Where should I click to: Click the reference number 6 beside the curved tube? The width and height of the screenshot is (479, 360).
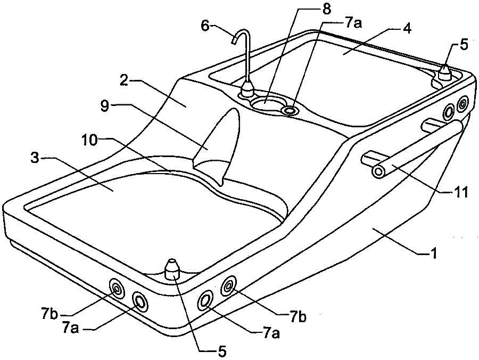pos(205,26)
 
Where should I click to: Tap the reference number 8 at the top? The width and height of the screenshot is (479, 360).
pos(326,9)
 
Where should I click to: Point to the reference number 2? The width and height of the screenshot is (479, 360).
pos(124,81)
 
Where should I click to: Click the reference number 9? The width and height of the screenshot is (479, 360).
pos(105,107)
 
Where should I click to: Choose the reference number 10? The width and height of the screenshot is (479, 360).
pos(90,141)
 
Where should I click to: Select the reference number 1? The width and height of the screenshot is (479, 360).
pos(434,253)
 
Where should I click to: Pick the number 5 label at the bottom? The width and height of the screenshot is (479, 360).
pos(222,351)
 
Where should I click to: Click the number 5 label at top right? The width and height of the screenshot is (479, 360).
pos(464,45)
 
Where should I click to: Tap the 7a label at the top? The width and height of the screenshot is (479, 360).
pos(353,23)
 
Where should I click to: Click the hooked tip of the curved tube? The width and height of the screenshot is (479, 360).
pos(235,40)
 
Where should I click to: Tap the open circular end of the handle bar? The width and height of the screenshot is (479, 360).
pos(378,172)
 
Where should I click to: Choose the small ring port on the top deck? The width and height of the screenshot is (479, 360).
pos(290,110)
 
